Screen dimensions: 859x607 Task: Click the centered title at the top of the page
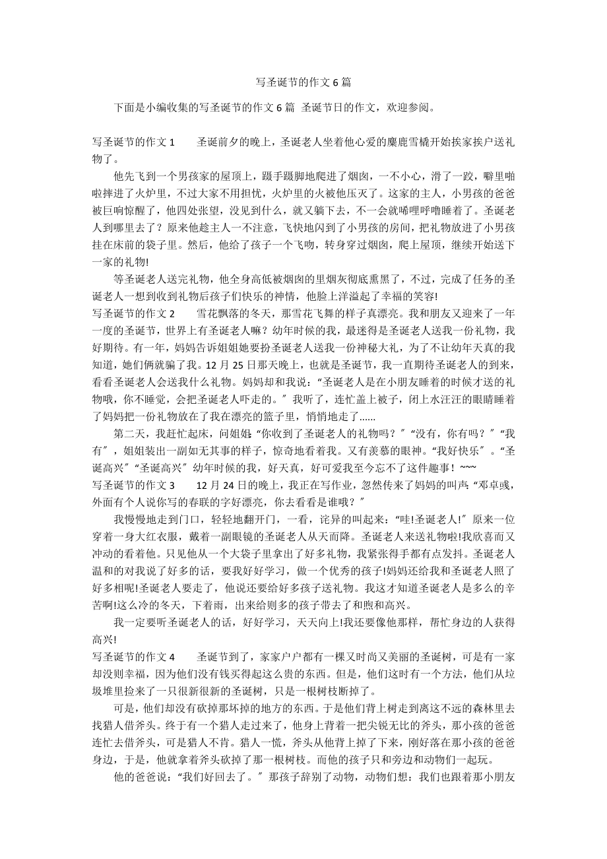(x=303, y=82)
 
